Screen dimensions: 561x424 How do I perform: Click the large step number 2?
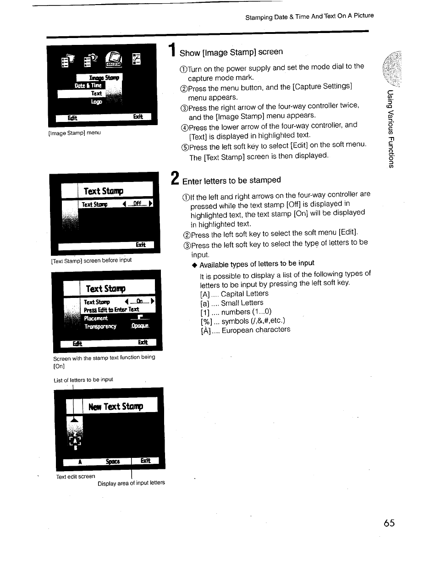click(174, 178)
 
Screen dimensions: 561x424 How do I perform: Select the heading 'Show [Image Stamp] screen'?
click(231, 52)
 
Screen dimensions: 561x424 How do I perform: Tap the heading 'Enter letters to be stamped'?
click(231, 180)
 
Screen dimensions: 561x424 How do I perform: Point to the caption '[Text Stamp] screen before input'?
click(91, 260)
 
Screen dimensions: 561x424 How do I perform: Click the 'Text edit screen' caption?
click(76, 477)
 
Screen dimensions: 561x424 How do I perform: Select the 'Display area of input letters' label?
click(131, 483)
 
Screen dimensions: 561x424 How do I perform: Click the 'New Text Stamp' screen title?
click(116, 407)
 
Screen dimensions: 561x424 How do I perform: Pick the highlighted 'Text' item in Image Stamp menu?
click(96, 93)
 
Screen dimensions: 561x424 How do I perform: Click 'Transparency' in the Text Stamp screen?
click(100, 326)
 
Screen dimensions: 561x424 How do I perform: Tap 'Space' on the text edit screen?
click(112, 462)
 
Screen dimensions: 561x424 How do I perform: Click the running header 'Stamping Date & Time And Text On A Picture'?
click(309, 17)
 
